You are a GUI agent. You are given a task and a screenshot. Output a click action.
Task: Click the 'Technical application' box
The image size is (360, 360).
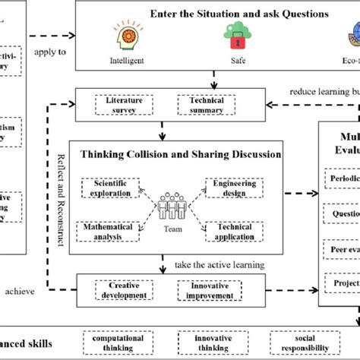(235, 231)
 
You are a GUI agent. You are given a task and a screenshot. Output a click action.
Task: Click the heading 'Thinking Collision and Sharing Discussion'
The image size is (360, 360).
(175, 154)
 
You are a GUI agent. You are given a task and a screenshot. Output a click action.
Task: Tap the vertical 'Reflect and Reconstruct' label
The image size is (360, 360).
(62, 205)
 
